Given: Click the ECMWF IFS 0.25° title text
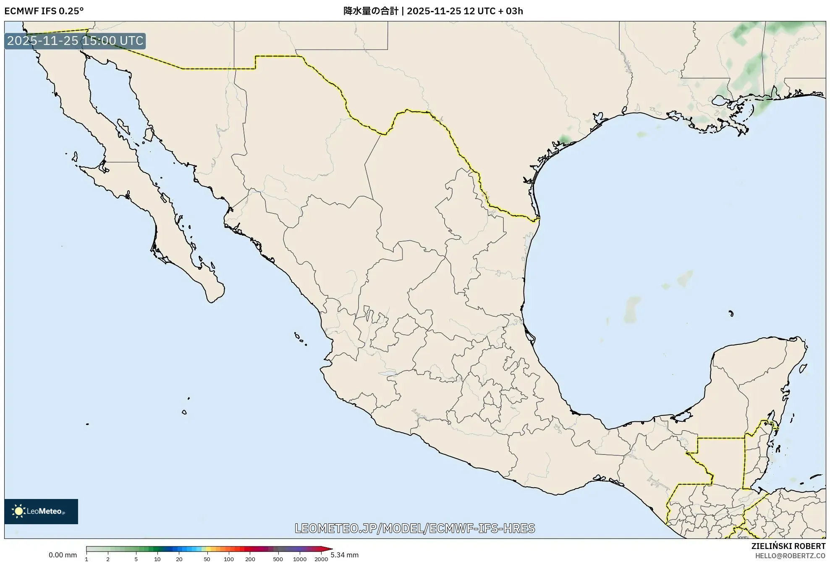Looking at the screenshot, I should point(44,11).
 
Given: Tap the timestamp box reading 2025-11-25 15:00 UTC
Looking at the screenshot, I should point(75,41).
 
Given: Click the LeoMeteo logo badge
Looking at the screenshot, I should point(41,511).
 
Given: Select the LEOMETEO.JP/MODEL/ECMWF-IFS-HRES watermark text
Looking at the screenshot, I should point(415,528).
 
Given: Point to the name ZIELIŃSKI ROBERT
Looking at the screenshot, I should point(788,546).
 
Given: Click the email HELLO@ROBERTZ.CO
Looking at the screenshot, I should point(790,556).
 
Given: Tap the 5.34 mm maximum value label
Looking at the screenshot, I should point(344,555).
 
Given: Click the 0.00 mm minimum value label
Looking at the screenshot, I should point(63,555).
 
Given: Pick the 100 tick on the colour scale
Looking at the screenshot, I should point(229,559).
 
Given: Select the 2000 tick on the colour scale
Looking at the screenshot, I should point(321,559).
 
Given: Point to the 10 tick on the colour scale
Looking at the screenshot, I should point(157,559).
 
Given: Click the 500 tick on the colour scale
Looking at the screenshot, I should point(278,559).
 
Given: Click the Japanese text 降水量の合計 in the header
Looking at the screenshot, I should point(371,11).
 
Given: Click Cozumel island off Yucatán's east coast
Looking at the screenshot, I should point(803,369).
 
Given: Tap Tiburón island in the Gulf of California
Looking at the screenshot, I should point(148,134).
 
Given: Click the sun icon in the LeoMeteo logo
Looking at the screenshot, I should point(18,511).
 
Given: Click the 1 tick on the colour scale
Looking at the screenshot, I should point(86,559).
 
